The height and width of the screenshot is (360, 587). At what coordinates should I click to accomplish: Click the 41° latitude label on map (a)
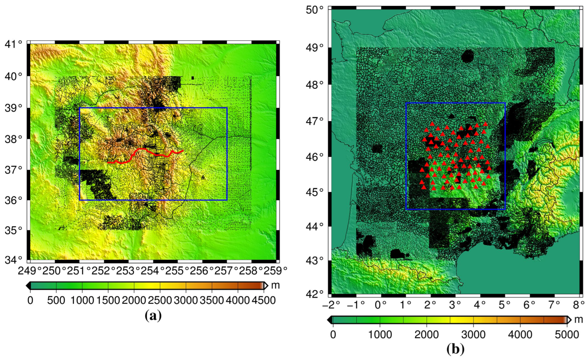coord(13,44)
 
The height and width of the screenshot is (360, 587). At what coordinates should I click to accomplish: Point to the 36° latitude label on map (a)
coord(13,200)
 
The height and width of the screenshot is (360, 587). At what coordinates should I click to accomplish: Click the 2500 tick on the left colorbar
coord(160,301)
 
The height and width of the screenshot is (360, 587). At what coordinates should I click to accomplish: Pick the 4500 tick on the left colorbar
coord(263,301)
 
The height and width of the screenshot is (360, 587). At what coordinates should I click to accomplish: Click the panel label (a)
coord(153,316)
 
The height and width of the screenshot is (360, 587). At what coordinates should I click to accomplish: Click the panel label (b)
coord(455,349)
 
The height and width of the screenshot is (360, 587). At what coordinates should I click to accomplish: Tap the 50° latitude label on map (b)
coord(314,10)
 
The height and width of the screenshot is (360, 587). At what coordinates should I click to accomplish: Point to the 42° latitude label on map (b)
coord(314,294)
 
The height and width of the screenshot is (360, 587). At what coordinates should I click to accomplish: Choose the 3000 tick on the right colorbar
coord(473,335)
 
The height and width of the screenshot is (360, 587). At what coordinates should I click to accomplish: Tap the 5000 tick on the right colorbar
coord(567,335)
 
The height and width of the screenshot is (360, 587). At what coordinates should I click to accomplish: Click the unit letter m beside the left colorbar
coord(275,285)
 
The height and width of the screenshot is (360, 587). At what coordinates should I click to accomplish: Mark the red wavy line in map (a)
coord(147,152)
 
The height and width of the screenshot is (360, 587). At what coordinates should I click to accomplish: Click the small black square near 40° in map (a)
coord(192,78)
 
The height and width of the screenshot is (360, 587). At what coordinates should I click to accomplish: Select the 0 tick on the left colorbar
coord(30,301)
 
